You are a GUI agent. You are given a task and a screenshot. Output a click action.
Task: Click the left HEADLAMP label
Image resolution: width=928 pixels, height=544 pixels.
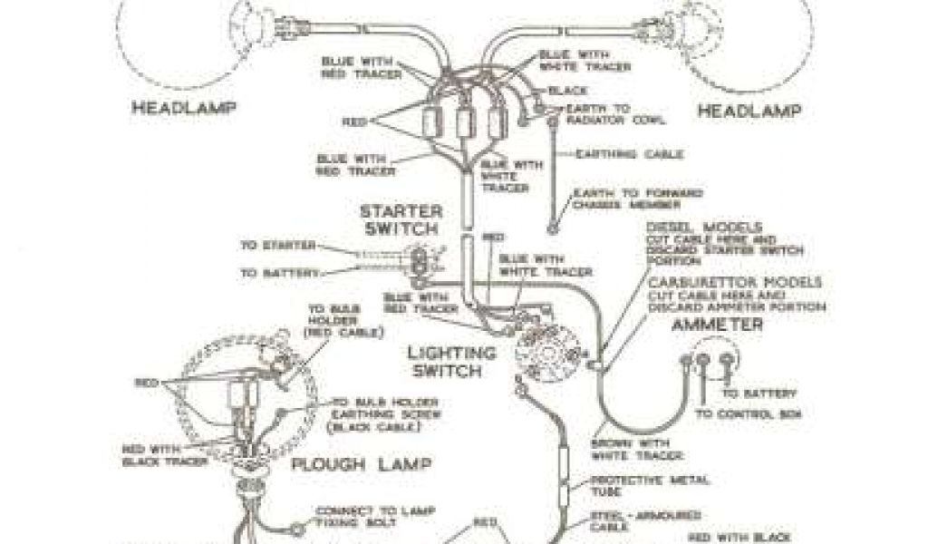[x=184, y=107]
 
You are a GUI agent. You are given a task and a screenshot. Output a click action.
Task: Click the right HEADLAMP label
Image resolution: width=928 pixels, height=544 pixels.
[x=749, y=111]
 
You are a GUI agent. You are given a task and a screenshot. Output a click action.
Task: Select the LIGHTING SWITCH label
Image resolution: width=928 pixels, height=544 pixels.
[x=451, y=361]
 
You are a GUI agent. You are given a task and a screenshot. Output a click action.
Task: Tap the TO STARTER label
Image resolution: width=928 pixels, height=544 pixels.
[x=278, y=245]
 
